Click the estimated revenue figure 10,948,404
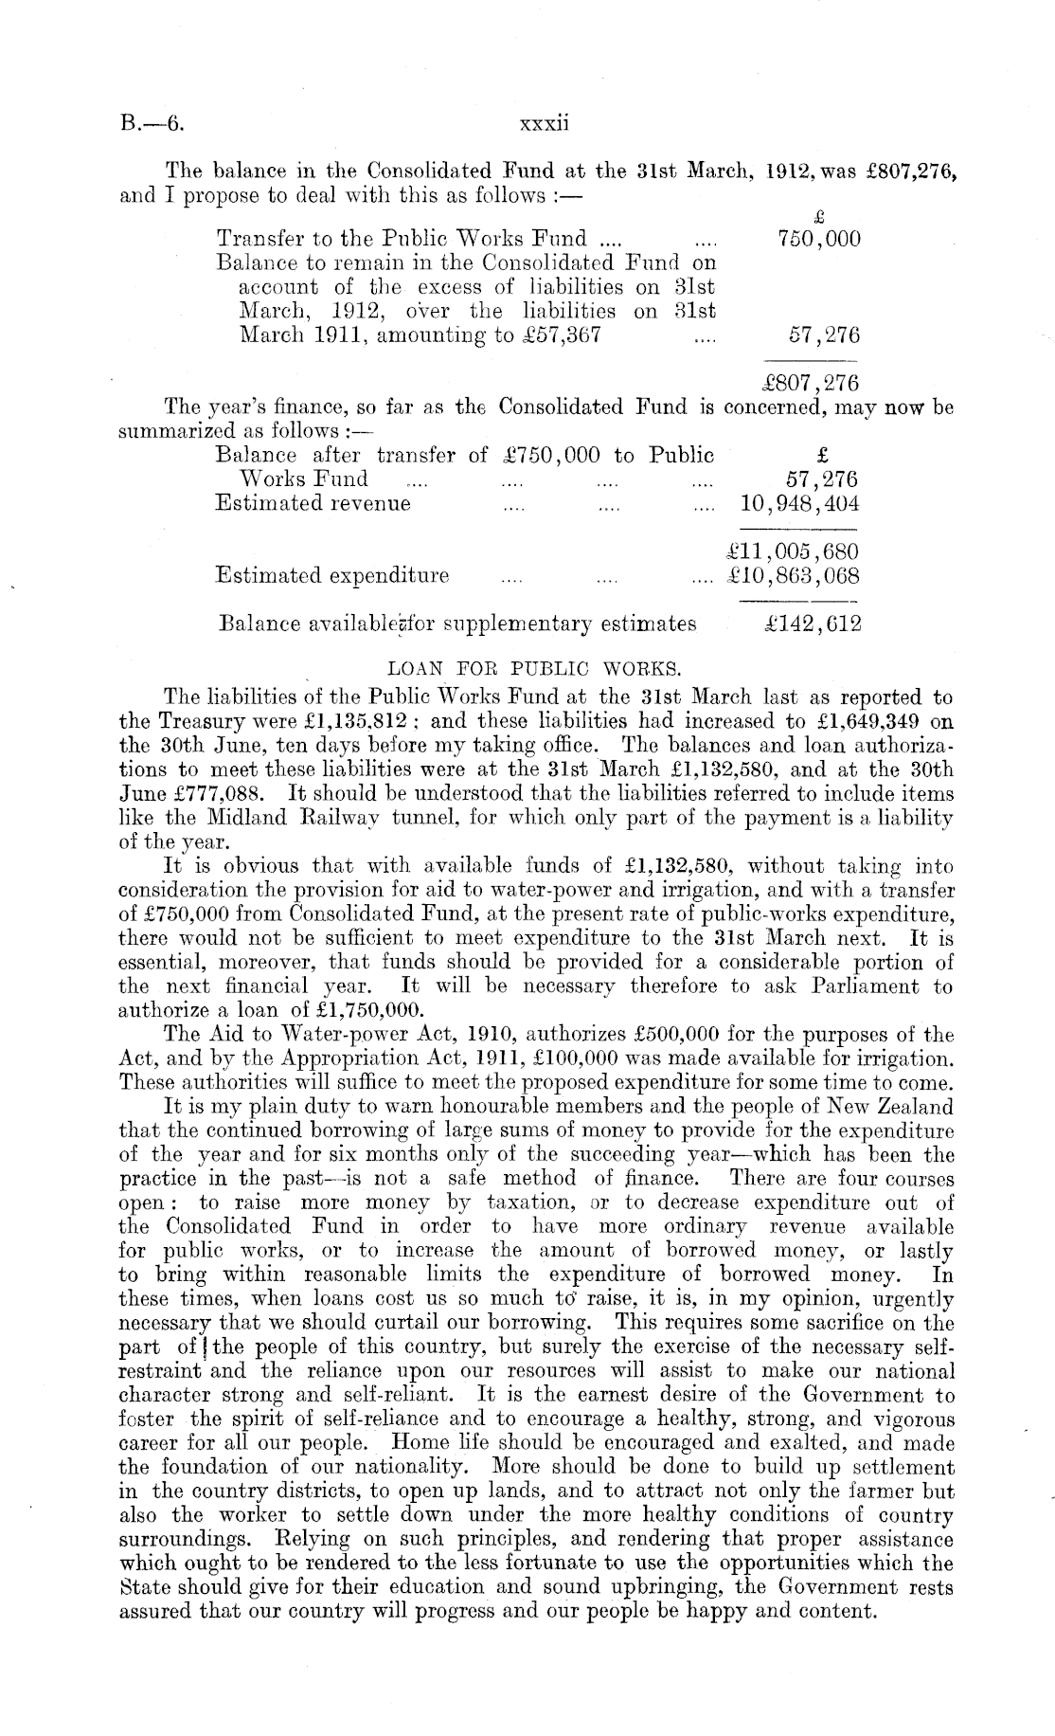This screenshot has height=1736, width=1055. coord(799,504)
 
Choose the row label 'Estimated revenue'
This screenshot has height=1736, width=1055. coord(313,504)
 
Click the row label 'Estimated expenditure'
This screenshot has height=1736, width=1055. coord(332,576)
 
